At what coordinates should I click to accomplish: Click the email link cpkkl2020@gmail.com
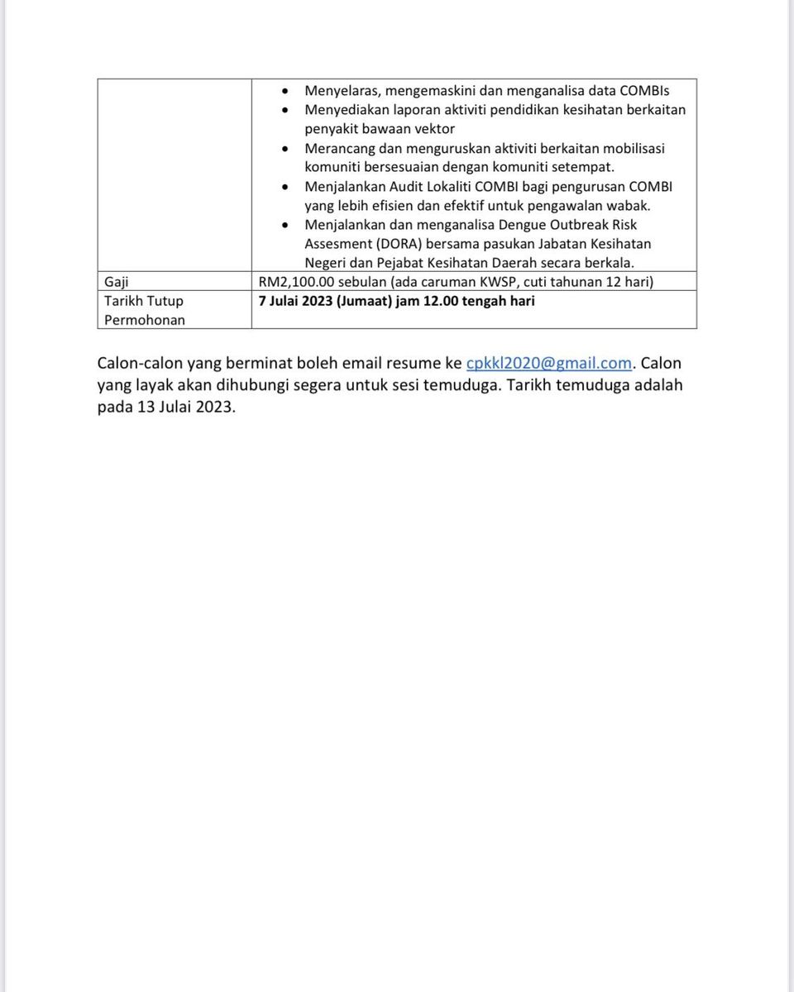548,364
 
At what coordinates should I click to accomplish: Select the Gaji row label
117,282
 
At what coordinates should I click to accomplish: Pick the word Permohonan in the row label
145,320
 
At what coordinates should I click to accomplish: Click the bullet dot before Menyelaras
285,91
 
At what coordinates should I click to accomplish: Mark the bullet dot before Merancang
285,149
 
